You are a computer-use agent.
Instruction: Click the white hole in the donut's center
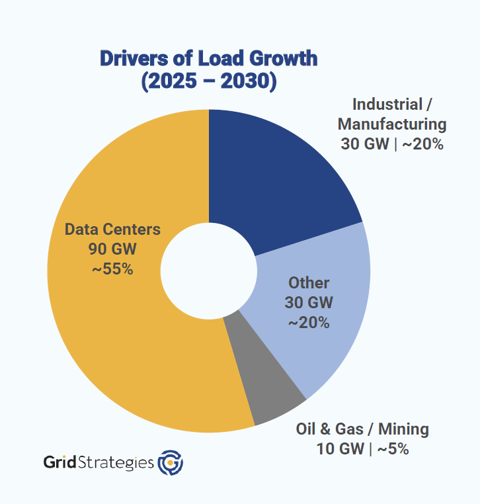209,271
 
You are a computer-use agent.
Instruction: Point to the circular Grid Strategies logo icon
171,462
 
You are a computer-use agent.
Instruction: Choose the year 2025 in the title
173,83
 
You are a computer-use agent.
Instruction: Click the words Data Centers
112,230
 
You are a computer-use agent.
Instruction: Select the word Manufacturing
392,124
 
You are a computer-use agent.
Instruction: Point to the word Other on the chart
309,283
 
